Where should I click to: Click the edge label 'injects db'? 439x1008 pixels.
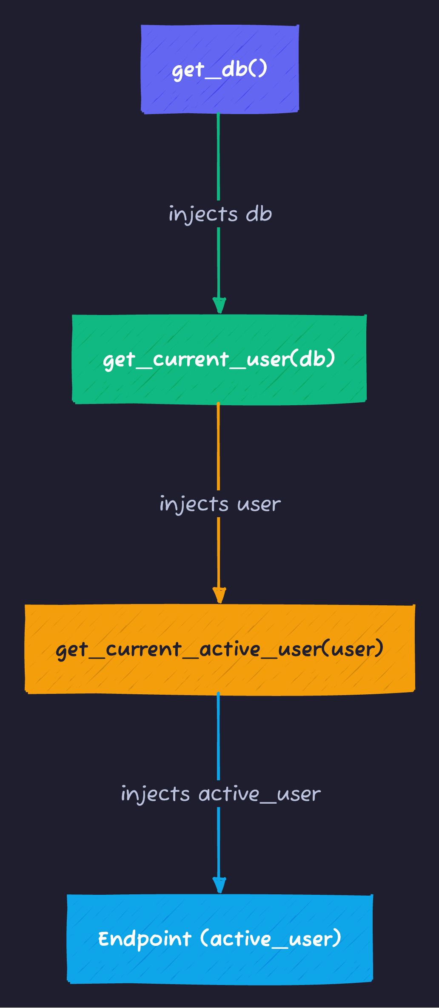[220, 214]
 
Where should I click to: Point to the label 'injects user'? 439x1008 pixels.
[220, 504]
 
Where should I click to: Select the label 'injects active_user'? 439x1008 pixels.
[220, 794]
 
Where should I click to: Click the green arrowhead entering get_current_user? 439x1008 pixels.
[219, 306]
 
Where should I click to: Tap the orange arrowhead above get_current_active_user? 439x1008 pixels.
[219, 596]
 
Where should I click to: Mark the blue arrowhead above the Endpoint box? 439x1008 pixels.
[219, 885]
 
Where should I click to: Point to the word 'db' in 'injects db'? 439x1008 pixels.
[259, 214]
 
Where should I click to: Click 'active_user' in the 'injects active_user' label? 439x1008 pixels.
[259, 794]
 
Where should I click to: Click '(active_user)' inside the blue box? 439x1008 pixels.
[271, 939]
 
